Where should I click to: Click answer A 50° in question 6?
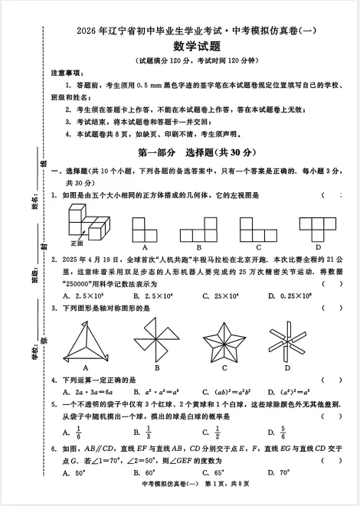(x=78, y=472)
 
